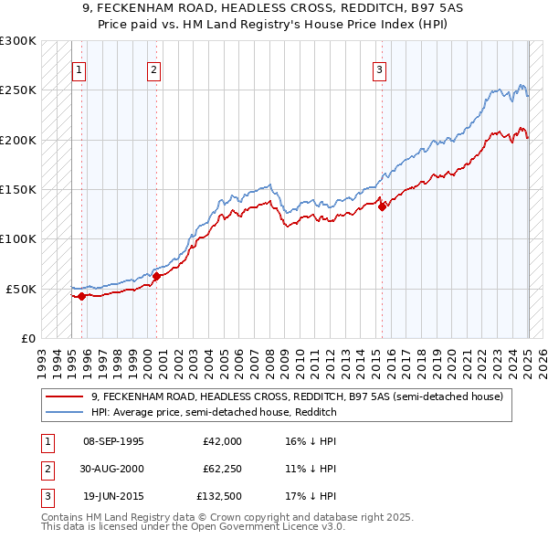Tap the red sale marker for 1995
pyautogui.click(x=81, y=296)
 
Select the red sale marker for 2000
pyautogui.click(x=156, y=276)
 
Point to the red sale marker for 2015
pyautogui.click(x=382, y=206)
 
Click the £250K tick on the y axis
pyautogui.click(x=18, y=90)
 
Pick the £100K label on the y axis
pyautogui.click(x=18, y=238)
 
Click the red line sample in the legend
pyautogui.click(x=65, y=397)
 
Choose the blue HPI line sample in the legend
pyautogui.click(x=65, y=412)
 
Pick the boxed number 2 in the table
pyautogui.click(x=45, y=468)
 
